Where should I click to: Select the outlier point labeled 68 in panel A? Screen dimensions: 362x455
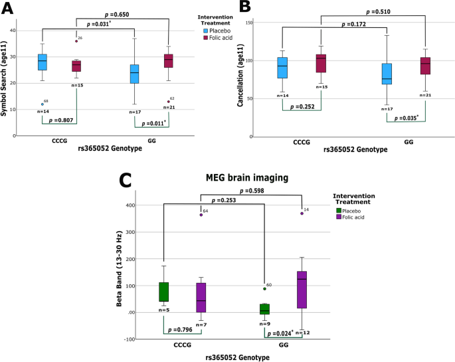pos(43,104)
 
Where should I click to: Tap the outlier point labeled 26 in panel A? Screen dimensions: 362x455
pos(76,41)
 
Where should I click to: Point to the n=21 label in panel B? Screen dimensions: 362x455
pos(426,95)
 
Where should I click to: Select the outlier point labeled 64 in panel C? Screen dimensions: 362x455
pos(197,215)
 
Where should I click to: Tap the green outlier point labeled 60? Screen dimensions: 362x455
pos(264,289)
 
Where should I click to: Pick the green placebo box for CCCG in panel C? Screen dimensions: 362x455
pos(163,292)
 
